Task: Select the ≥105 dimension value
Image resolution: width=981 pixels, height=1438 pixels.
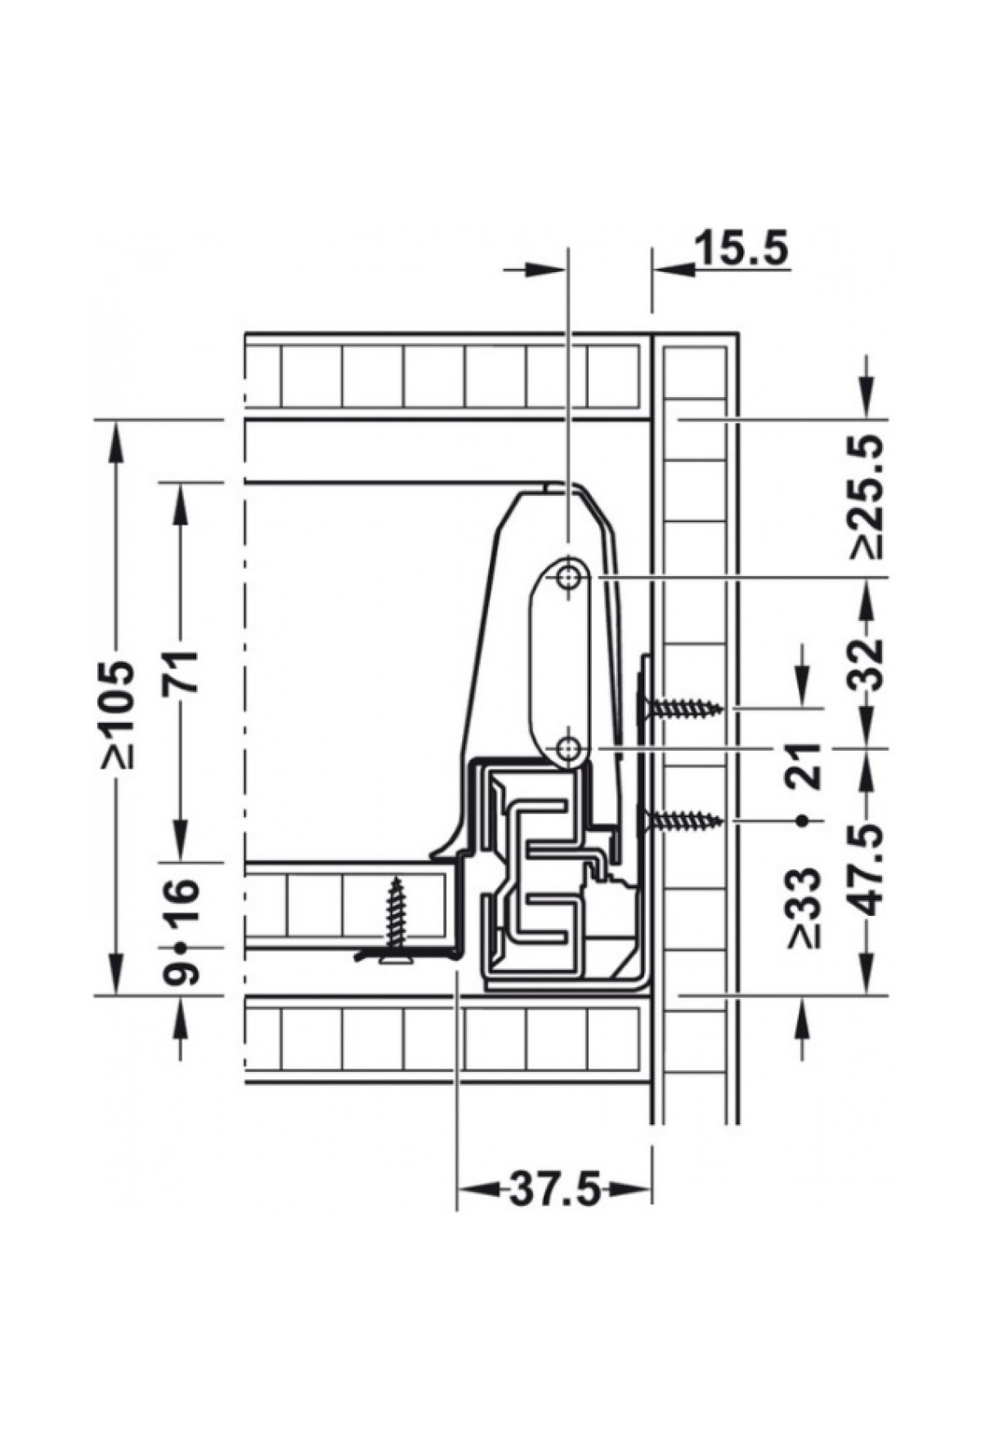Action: pos(116,715)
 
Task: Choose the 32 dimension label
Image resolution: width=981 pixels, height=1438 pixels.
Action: pos(867,663)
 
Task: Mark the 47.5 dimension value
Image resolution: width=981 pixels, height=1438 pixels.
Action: pos(867,870)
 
